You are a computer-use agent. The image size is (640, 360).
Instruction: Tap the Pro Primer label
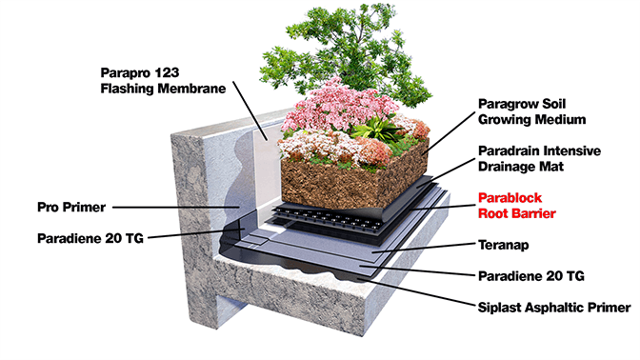pyautogui.click(x=72, y=206)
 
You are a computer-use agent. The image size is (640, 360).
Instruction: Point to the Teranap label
pyautogui.click(x=502, y=245)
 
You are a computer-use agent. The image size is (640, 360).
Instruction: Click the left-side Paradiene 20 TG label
pyautogui.click(x=90, y=238)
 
